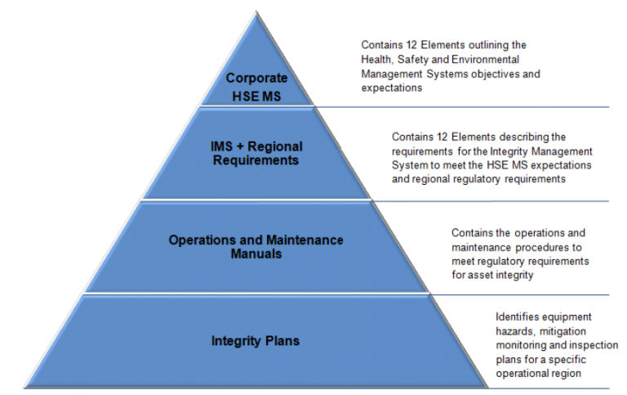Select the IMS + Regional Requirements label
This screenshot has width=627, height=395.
[256, 153]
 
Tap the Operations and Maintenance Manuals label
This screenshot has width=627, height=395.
[256, 246]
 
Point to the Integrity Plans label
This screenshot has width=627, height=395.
[256, 340]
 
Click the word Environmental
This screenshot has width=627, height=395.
[485, 60]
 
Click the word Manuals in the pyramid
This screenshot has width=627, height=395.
[256, 254]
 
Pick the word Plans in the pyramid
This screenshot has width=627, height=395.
[281, 340]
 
